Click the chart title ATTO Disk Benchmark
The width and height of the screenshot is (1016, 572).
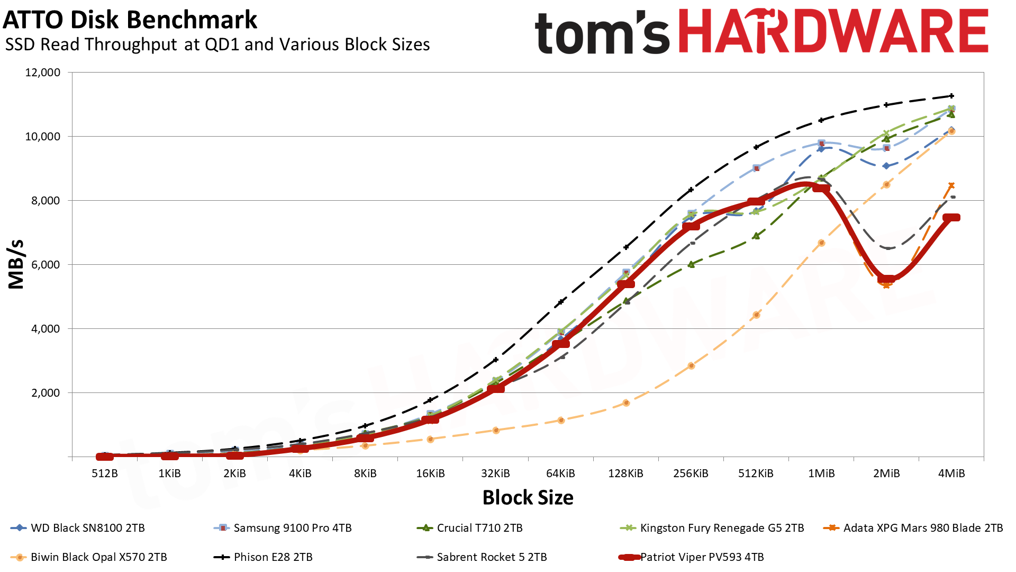130,20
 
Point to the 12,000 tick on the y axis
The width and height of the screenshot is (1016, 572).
43,73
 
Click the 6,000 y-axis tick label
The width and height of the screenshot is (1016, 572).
43,265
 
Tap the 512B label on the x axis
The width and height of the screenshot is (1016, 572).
105,473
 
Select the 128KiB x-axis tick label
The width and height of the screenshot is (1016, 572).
625,473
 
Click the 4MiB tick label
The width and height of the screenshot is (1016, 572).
951,473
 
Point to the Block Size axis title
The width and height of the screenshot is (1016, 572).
528,498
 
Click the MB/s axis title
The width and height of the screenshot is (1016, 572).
16,264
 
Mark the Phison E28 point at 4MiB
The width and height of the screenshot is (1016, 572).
951,96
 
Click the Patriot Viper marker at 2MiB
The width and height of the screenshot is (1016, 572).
886,279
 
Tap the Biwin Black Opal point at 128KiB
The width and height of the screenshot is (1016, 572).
626,403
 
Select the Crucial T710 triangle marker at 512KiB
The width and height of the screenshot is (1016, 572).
756,236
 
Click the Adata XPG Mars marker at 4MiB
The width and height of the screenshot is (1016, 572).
951,185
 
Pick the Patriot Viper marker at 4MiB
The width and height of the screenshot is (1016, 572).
951,218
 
